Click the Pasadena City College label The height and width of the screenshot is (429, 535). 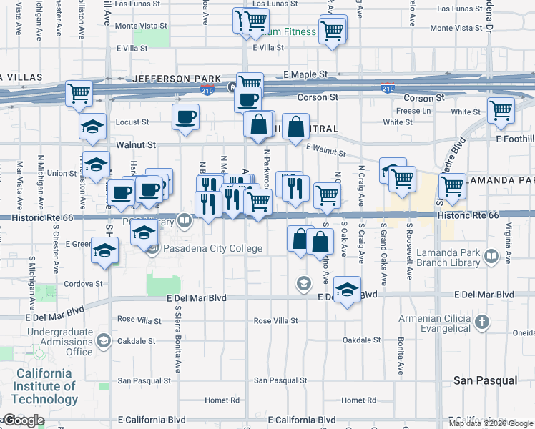point(213,249)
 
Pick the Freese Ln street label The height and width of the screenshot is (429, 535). point(414,111)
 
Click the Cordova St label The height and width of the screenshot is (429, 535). point(84,283)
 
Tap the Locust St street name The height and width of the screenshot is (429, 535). point(132,122)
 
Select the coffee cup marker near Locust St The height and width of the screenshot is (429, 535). point(185,116)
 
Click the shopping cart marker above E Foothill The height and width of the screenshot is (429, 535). point(501,109)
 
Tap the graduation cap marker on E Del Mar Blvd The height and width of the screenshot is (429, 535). point(347,290)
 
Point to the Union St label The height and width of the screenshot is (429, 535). point(62,173)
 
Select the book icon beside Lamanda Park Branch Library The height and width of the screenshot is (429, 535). point(492,255)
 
